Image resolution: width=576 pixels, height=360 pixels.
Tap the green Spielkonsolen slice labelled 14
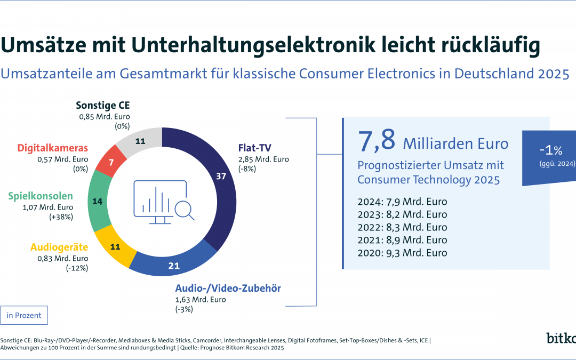click(x=98, y=202)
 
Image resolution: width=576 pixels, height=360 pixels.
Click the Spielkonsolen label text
click(x=41, y=196)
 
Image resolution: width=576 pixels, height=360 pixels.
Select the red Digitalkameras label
click(x=52, y=147)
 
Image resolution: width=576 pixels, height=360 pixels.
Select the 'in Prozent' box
click(x=25, y=315)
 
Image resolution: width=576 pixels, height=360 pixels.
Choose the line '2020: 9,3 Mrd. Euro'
click(x=402, y=253)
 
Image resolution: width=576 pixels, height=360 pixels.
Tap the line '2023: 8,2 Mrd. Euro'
click(x=402, y=214)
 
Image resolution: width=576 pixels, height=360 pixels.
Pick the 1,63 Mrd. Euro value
click(x=201, y=300)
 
